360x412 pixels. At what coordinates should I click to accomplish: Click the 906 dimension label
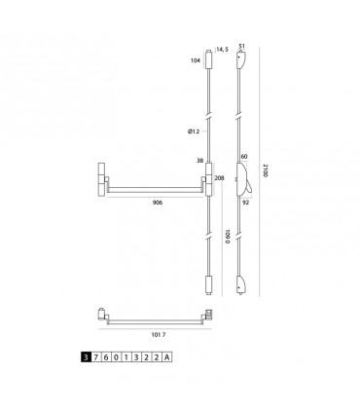coord(158,203)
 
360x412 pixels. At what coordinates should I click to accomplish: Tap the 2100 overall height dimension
coord(266,170)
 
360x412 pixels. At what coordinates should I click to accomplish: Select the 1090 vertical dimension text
coord(228,237)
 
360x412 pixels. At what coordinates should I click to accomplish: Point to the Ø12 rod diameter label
coord(194,131)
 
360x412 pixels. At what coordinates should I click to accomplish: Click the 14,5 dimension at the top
coord(223,50)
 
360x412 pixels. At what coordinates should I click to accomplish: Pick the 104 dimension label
coord(196,60)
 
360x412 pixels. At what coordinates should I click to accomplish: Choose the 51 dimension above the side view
coord(241,46)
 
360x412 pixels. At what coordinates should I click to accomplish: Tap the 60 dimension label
coord(244,157)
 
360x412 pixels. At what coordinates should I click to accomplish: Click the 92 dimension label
coord(246,203)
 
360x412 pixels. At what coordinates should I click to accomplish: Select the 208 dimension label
coord(219,178)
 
